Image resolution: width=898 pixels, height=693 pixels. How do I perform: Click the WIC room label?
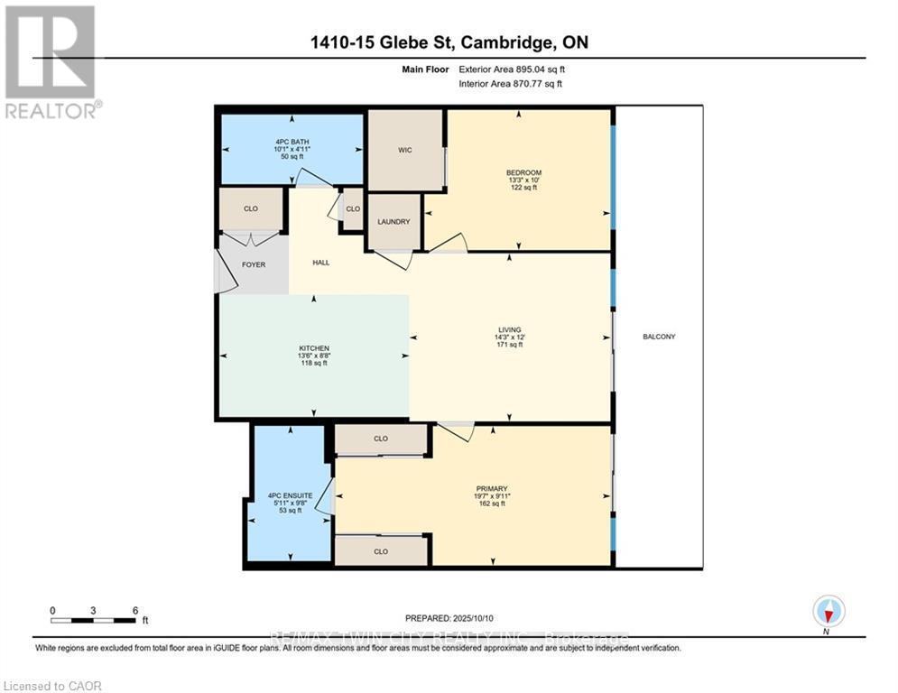click(x=405, y=150)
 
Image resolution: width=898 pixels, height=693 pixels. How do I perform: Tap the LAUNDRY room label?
click(x=393, y=222)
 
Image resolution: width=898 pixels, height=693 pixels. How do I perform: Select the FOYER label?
click(x=253, y=264)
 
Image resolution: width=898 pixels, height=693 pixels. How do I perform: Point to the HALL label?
click(x=320, y=263)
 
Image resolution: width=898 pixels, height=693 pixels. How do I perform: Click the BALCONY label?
click(x=659, y=337)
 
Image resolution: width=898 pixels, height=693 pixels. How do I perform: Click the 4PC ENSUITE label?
click(x=291, y=495)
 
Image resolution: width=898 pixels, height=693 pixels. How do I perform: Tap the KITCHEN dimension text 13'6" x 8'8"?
click(x=314, y=356)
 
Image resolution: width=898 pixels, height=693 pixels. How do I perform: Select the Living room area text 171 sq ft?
click(x=510, y=345)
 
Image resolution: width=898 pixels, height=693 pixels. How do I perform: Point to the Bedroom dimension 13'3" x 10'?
click(x=523, y=180)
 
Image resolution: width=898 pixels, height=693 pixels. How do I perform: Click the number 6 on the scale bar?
click(x=135, y=610)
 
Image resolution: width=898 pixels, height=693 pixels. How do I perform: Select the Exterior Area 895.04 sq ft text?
click(x=512, y=69)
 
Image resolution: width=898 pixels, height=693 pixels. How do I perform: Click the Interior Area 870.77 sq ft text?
click(x=510, y=84)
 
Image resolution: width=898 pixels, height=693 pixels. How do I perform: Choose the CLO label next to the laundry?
click(x=353, y=208)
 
